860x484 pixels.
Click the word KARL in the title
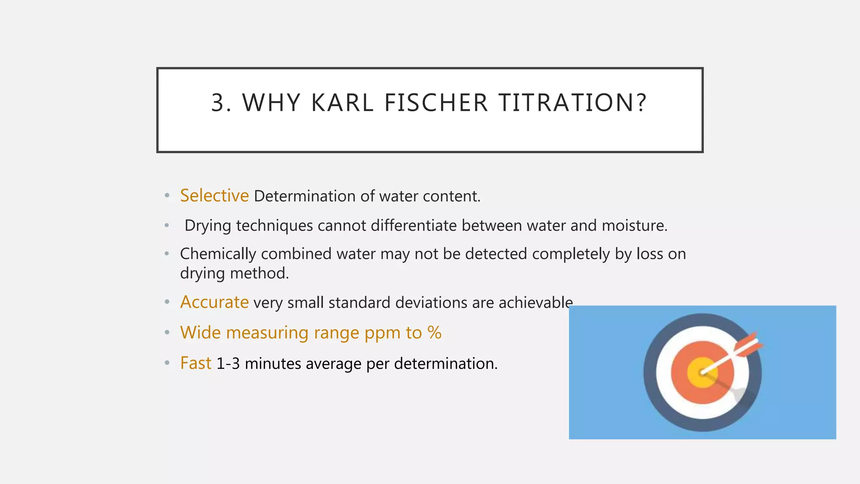(x=342, y=103)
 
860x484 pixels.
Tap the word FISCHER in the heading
(x=436, y=103)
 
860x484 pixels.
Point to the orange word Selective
(x=214, y=196)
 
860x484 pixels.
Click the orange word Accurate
(x=214, y=302)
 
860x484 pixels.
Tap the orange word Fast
(x=196, y=363)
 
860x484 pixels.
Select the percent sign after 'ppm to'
(x=435, y=333)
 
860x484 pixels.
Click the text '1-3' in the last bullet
(x=228, y=364)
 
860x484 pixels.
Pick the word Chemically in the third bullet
(x=218, y=254)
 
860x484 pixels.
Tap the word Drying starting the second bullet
(x=207, y=226)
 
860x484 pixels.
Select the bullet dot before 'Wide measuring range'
(x=167, y=333)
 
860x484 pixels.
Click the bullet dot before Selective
(x=167, y=195)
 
